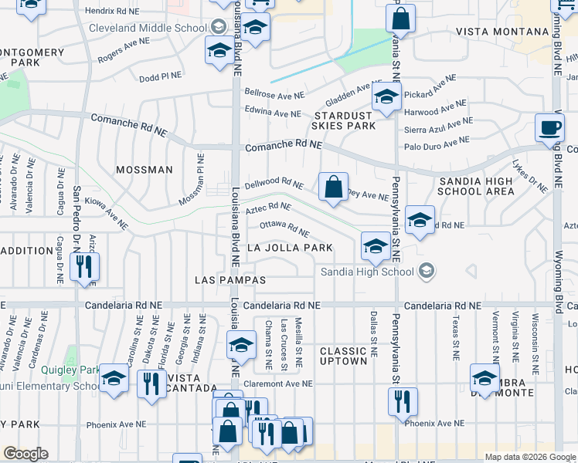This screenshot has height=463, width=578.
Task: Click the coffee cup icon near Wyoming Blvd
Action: point(549,128)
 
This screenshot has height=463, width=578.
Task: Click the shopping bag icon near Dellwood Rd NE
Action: point(332,188)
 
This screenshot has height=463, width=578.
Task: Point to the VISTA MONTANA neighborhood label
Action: point(502,32)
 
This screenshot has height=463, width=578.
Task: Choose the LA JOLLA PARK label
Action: point(289,248)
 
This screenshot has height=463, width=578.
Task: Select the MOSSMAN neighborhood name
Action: point(144,169)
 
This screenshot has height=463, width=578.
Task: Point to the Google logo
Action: point(25,454)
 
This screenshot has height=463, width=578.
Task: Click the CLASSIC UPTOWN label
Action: point(343,356)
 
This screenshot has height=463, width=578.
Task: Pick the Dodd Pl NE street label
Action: point(160,77)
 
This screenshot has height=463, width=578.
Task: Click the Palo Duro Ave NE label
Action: point(437,144)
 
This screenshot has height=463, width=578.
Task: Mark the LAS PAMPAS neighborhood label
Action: point(230,279)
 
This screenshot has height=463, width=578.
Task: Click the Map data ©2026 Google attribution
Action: point(529,457)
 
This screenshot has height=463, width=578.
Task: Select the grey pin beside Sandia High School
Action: point(426,271)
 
